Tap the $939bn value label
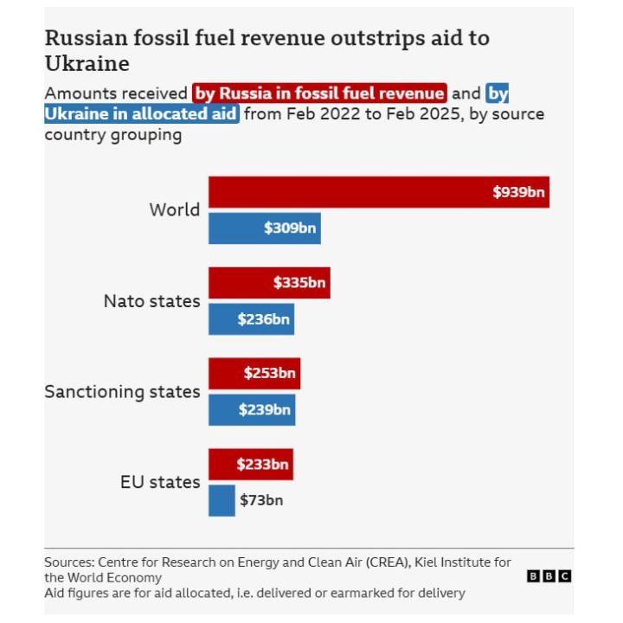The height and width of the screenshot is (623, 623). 518,192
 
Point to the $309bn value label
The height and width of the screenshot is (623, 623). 290,228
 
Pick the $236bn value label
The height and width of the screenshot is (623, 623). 263,319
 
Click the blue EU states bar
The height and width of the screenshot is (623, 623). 222,500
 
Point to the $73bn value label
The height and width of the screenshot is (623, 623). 261,500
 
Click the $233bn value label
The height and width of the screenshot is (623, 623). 262,465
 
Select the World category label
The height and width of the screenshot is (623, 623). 174,210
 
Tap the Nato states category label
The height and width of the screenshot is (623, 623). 151,301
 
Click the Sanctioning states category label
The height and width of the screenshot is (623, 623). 122,392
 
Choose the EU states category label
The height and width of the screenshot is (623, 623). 160,482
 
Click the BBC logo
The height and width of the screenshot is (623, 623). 549,576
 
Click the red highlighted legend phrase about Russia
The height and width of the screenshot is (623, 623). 320,93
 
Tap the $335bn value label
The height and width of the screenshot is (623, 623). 299,283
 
